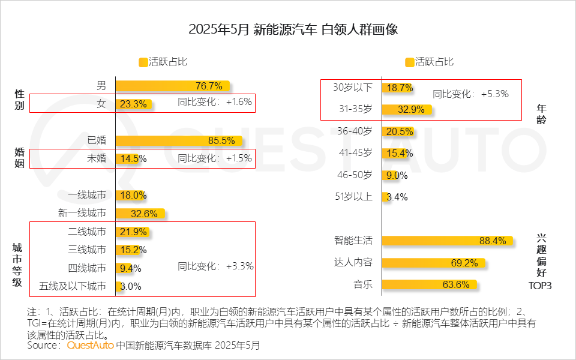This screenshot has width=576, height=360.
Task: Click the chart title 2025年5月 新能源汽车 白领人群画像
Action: pos(288,29)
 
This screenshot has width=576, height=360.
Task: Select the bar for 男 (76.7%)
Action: pos(172,85)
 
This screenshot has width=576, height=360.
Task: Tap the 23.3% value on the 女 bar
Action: pos(133,104)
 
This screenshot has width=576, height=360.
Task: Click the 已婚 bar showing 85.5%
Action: pos(179,141)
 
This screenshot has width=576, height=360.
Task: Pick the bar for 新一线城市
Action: pos(139,214)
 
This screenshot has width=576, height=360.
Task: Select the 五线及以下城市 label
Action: pos(73,286)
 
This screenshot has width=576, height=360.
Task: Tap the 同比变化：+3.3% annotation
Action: pos(215,266)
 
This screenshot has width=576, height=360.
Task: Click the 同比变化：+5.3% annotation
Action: pos(470,94)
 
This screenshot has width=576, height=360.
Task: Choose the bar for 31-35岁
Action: pos(407,109)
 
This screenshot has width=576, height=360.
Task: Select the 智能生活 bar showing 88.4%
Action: pos(448,241)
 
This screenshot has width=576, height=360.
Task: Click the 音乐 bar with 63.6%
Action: pos(430,284)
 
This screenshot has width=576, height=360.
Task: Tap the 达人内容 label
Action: pos(353,262)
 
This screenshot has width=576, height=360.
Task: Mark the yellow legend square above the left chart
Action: pos(143,62)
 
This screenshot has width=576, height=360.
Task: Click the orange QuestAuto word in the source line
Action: pos(90,346)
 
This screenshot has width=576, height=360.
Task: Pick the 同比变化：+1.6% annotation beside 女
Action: pos(215,102)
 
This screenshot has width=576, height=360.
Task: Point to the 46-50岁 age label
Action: pos(355,175)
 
